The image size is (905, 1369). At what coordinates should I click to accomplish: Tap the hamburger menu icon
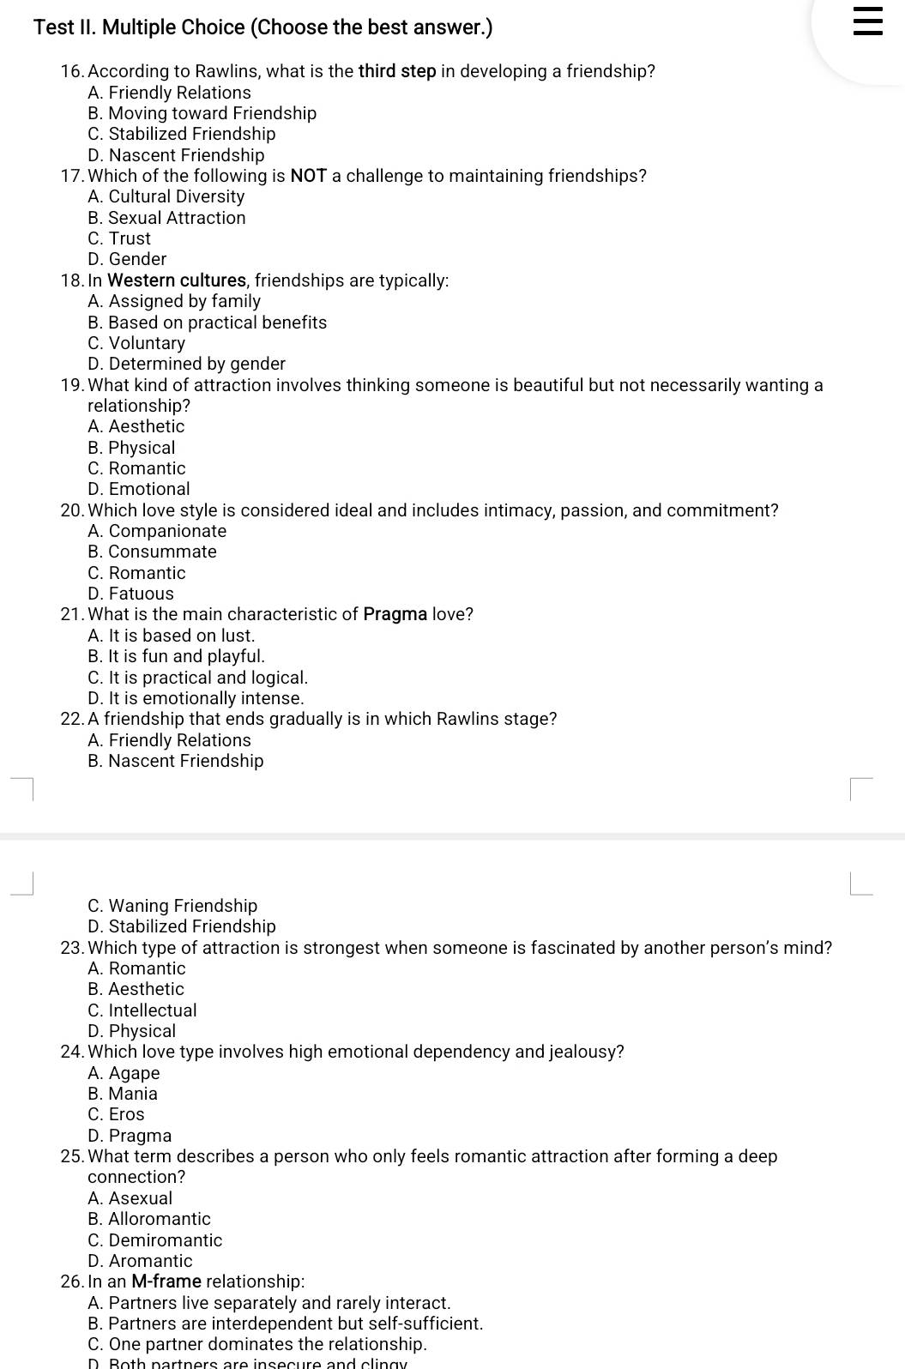[x=867, y=21]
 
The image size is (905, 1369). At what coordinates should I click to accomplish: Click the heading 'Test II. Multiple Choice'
[x=262, y=27]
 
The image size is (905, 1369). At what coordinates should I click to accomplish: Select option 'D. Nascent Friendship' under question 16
[x=176, y=155]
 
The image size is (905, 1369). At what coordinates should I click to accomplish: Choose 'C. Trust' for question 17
[x=119, y=238]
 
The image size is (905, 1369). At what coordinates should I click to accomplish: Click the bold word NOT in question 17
[x=309, y=176]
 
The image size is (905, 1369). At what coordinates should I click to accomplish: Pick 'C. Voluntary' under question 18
[x=136, y=343]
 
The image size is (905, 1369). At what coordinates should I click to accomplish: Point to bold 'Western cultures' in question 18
[x=178, y=280]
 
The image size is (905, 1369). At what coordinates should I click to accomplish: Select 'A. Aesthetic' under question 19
[x=136, y=426]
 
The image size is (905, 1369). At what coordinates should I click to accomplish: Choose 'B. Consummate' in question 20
[x=152, y=552]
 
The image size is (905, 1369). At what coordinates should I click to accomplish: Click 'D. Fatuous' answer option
[x=130, y=594]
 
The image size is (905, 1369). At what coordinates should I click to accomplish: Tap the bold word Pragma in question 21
[x=395, y=614]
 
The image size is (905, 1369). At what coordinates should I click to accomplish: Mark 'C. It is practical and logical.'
[x=197, y=678]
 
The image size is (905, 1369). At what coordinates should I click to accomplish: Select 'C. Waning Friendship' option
[x=172, y=906]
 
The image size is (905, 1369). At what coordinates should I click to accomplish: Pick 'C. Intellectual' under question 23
[x=142, y=1010]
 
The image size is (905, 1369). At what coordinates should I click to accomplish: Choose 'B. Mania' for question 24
[x=123, y=1094]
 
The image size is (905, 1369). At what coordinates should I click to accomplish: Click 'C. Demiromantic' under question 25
[x=154, y=1240]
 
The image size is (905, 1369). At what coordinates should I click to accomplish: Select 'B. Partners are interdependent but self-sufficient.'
[x=285, y=1324]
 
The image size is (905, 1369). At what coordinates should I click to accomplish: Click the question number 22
[x=71, y=719]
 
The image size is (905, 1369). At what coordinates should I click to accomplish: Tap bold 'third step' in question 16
[x=397, y=71]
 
